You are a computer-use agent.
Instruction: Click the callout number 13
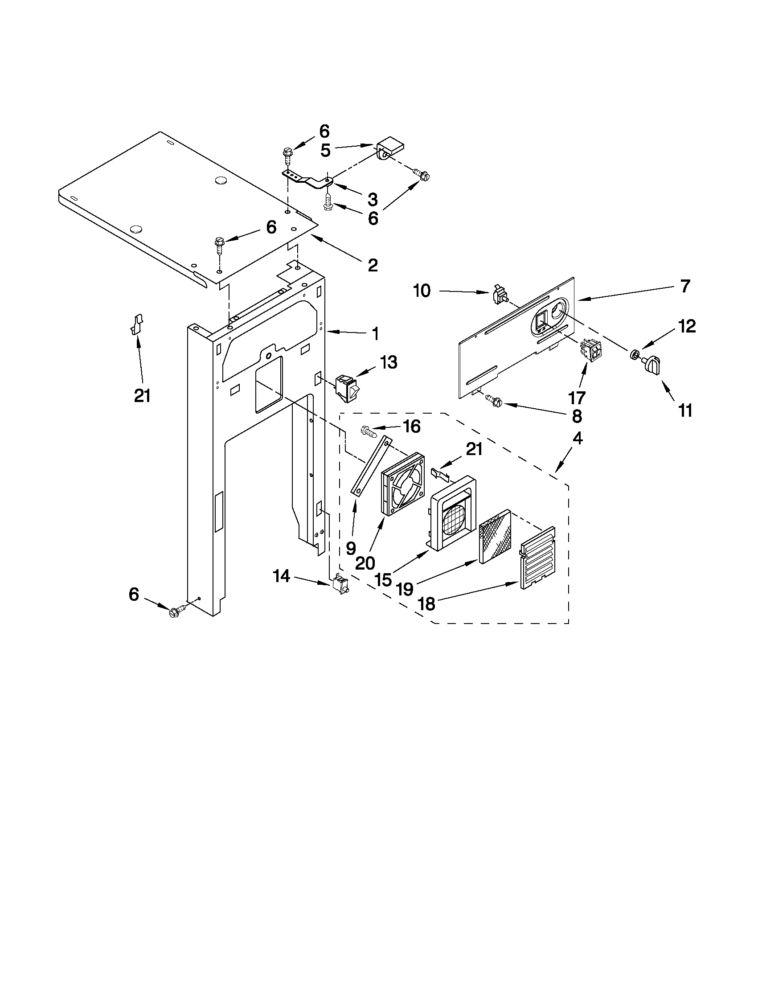389,362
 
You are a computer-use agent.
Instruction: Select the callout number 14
282,576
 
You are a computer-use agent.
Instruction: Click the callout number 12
687,327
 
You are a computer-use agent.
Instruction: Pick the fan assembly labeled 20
403,483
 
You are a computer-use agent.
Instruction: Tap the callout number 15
383,579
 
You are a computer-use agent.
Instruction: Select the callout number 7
684,286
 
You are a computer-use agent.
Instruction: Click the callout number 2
373,265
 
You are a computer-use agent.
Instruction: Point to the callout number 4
578,438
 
